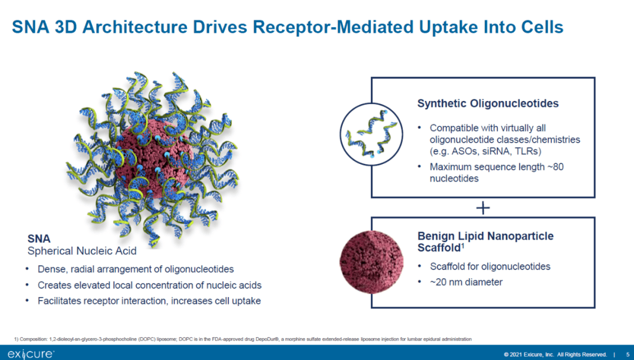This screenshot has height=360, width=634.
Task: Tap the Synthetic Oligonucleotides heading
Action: coord(488,104)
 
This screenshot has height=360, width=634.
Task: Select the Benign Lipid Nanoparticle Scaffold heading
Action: coord(485,242)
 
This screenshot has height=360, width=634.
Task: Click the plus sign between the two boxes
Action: coord(483,208)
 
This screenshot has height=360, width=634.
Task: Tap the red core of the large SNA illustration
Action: coord(146,159)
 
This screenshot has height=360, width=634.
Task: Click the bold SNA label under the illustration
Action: coord(39,239)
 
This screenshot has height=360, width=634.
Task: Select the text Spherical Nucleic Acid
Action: coord(82,251)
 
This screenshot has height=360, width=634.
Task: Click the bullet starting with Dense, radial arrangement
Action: coord(136,269)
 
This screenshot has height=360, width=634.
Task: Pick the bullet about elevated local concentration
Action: coord(149,285)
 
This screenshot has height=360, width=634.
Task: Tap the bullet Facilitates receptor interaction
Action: coord(149,301)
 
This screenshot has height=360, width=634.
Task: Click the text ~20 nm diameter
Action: coord(466,282)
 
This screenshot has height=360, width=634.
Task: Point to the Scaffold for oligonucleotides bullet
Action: coord(490,266)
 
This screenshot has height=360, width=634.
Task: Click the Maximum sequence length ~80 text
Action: coord(497,167)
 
